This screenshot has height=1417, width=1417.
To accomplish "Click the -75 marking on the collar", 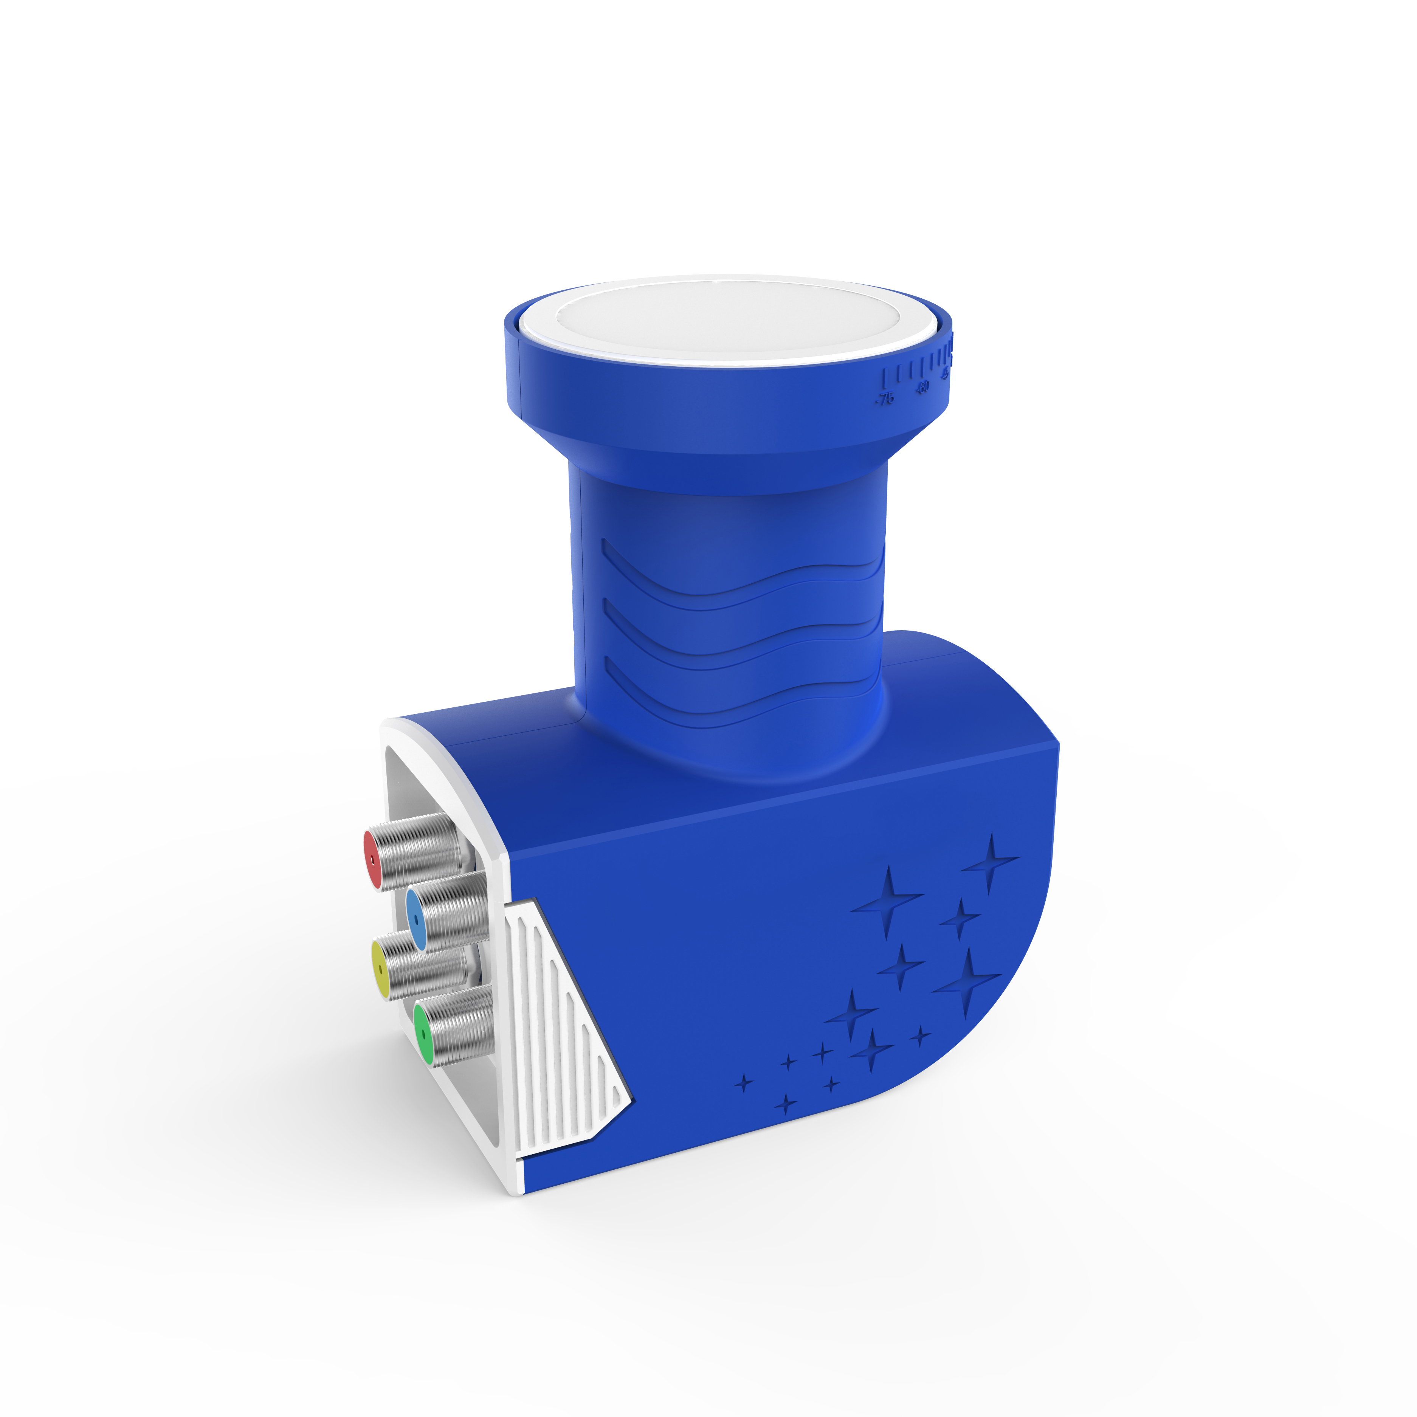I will coord(885,399).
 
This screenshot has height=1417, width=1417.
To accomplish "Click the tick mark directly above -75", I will coord(885,378).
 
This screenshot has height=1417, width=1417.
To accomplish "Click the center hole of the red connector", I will coord(372,860).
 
